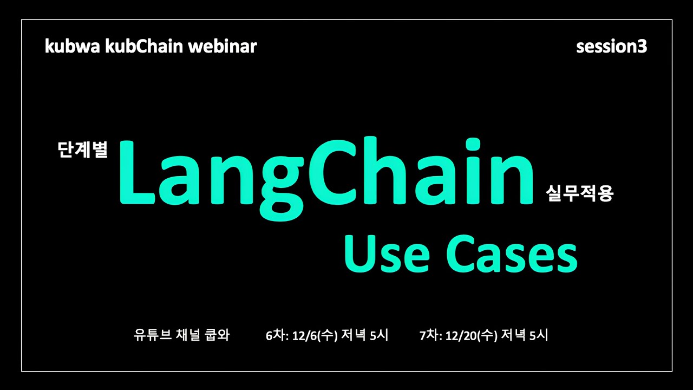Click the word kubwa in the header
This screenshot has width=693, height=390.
click(73, 47)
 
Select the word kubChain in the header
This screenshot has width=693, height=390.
click(144, 46)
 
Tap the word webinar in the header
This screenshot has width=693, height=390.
click(223, 46)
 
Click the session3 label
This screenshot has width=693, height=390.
click(611, 47)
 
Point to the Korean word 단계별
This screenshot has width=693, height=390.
click(83, 150)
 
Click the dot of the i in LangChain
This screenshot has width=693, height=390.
click(471, 145)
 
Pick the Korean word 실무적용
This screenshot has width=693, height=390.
click(579, 193)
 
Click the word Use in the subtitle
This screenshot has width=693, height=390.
click(387, 255)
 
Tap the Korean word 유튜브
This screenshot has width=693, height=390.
click(153, 335)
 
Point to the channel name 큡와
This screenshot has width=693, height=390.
click(217, 335)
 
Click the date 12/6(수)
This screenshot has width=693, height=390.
click(315, 335)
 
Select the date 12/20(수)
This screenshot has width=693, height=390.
click(471, 335)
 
